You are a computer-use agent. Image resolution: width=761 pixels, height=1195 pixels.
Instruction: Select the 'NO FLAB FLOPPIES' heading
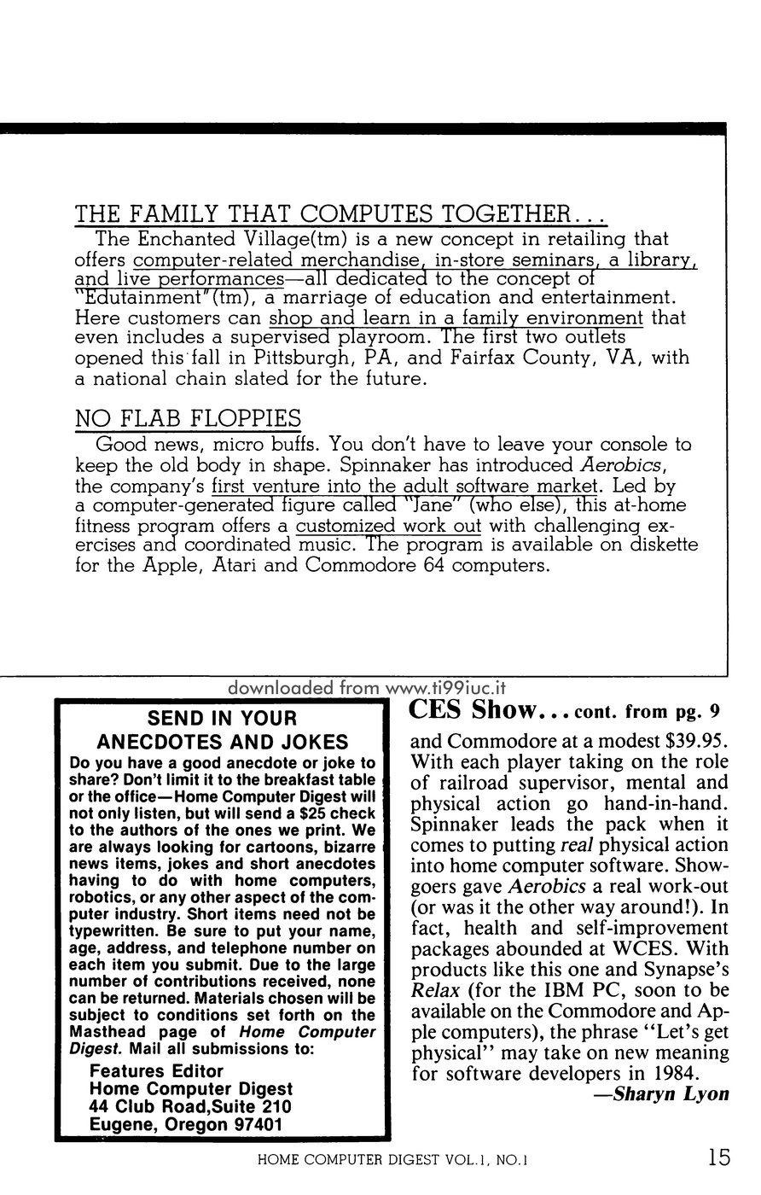pyautogui.click(x=188, y=418)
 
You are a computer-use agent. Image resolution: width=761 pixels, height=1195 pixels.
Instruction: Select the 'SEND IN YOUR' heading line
pyautogui.click(x=222, y=718)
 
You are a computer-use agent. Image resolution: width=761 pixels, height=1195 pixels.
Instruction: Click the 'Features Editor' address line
pyautogui.click(x=156, y=1071)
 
